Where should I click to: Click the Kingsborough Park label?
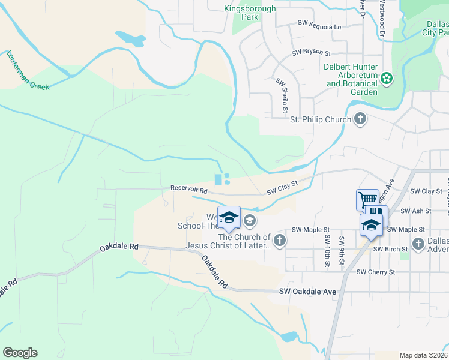coord(250,13)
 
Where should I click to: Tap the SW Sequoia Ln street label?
coord(319,27)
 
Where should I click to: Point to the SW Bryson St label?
coord(312,53)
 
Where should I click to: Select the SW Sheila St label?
coord(281,95)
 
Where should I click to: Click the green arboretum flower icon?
coord(387,78)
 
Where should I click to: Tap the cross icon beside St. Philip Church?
coord(360,119)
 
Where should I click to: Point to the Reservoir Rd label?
coord(188,188)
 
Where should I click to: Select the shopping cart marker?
coord(367,199)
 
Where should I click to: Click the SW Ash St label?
coord(415,211)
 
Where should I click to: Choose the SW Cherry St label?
coord(376,272)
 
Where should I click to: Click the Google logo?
coord(20,353)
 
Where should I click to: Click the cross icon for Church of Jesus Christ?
coord(279,241)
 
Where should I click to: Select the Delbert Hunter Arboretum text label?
coord(351,79)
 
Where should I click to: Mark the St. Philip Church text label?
coord(320,119)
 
